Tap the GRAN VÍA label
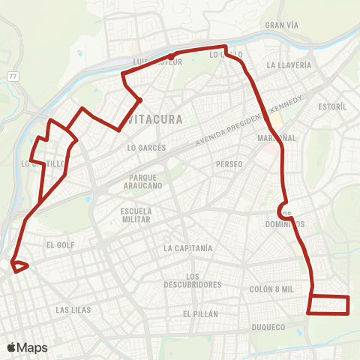coord(283,25)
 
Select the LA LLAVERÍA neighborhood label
coord(289,65)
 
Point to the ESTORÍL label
coord(332,107)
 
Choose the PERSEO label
coord(229,164)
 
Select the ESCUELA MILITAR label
coord(136,215)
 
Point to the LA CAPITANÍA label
coord(188,247)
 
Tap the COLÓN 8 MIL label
coord(272,289)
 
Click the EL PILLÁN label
coord(199,313)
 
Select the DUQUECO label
coord(268,327)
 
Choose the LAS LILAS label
coord(74,309)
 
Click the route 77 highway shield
coord(13,76)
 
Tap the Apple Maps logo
coord(27,348)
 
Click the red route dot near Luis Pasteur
coord(171,56)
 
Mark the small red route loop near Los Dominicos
coord(283,208)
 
